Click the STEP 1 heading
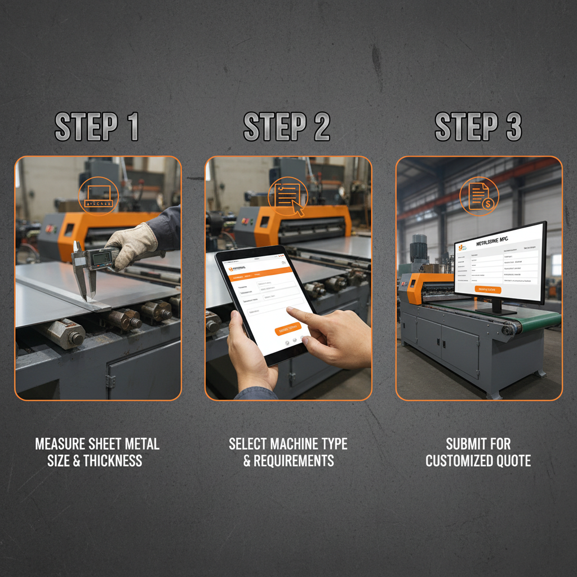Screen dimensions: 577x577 pyautogui.click(x=96, y=127)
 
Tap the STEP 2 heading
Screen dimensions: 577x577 pyautogui.click(x=287, y=127)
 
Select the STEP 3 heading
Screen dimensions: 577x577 pyautogui.click(x=478, y=127)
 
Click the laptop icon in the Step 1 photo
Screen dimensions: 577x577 pyautogui.click(x=98, y=195)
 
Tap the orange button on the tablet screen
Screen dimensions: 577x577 pyautogui.click(x=287, y=329)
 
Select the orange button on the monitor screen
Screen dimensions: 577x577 pyautogui.click(x=487, y=290)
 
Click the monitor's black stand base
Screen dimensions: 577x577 pyautogui.click(x=496, y=310)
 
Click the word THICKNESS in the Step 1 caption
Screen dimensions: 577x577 pyautogui.click(x=113, y=461)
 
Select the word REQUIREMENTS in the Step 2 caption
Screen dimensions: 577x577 pyautogui.click(x=294, y=461)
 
